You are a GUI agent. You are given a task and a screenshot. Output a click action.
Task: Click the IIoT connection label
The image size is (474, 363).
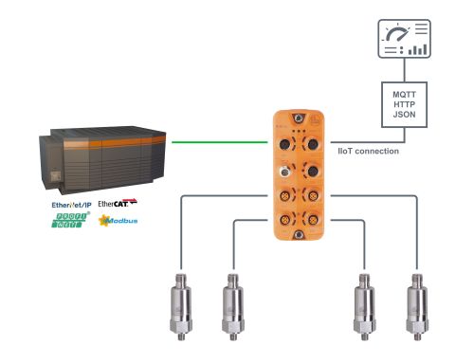[366, 151]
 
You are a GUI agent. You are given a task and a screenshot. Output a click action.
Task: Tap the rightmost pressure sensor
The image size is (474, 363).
[415, 302]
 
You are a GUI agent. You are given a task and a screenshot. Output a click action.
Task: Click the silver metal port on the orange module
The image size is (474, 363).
[285, 175]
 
